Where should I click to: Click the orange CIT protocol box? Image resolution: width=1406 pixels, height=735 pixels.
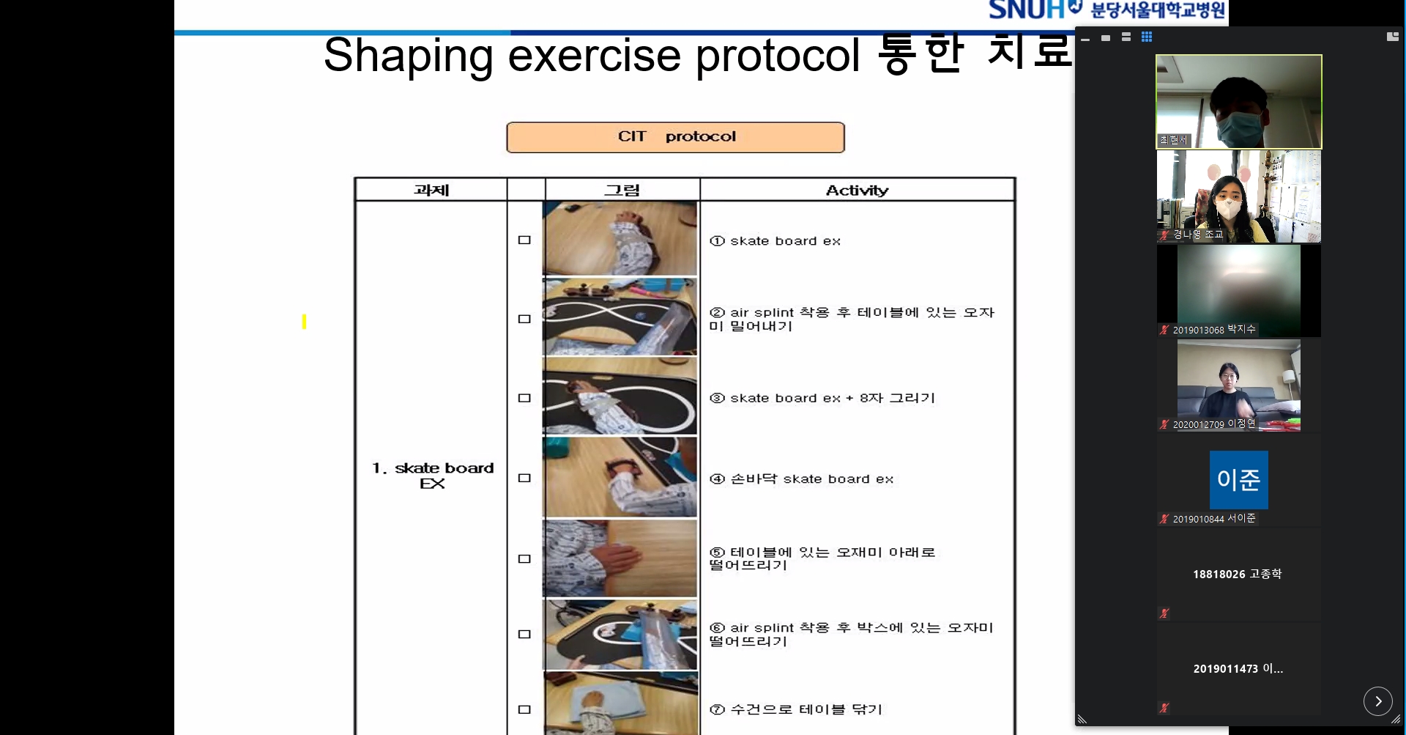(x=675, y=137)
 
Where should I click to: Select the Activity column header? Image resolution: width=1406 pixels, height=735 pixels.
(x=857, y=191)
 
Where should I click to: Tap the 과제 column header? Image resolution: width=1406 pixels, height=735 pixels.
(x=431, y=191)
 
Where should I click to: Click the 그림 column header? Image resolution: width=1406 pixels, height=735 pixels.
(x=622, y=191)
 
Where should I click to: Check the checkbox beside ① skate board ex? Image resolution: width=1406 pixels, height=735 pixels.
(x=524, y=240)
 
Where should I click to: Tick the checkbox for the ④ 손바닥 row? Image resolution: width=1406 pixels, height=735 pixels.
(x=524, y=479)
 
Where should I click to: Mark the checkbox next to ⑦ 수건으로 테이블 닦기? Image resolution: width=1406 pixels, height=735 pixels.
(x=524, y=709)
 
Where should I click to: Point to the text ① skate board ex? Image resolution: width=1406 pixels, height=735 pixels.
(x=775, y=241)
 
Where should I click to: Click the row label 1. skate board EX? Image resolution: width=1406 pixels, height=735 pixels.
(x=432, y=475)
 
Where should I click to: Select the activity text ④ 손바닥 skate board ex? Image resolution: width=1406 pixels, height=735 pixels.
(x=801, y=479)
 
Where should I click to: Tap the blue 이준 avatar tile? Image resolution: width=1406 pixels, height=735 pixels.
(x=1238, y=480)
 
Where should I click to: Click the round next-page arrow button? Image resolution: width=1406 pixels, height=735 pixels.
(x=1377, y=701)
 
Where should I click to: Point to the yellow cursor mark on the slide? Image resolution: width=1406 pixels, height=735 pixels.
(x=304, y=322)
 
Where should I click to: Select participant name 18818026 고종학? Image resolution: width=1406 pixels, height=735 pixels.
(x=1237, y=574)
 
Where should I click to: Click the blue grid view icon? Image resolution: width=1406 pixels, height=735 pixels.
(x=1147, y=37)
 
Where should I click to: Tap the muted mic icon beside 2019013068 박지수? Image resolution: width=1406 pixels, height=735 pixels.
(x=1164, y=330)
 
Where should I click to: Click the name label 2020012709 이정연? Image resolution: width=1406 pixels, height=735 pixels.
(x=1213, y=424)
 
